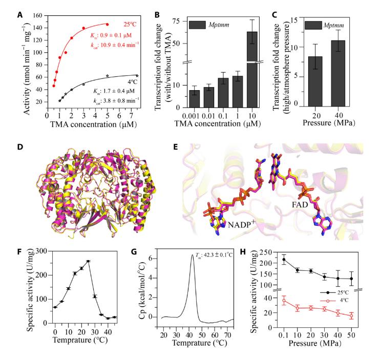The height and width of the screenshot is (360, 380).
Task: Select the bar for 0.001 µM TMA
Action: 195,99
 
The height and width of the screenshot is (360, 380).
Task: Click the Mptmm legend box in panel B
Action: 198,24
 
